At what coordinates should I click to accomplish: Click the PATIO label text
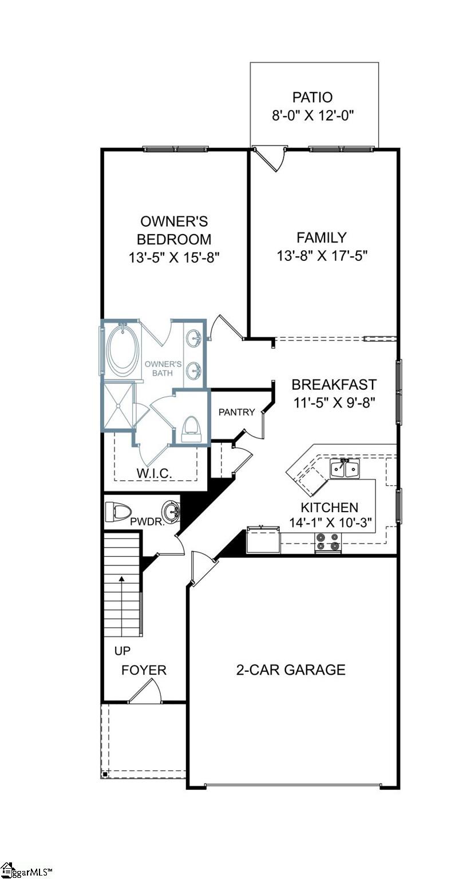312,97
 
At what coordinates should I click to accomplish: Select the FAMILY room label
322,237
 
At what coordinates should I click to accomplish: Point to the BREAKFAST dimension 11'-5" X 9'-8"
334,402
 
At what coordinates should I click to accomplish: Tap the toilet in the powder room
118,510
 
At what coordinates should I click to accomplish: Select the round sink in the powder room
170,509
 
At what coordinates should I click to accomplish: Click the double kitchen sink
345,469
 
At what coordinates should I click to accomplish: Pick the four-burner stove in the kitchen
328,543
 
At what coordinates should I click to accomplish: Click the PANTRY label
236,412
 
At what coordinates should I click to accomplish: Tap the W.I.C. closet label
155,473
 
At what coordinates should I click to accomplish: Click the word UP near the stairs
122,651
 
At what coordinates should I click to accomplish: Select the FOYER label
144,670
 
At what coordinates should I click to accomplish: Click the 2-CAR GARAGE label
291,670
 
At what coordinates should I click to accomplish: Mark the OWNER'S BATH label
163,369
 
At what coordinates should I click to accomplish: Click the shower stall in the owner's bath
118,406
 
